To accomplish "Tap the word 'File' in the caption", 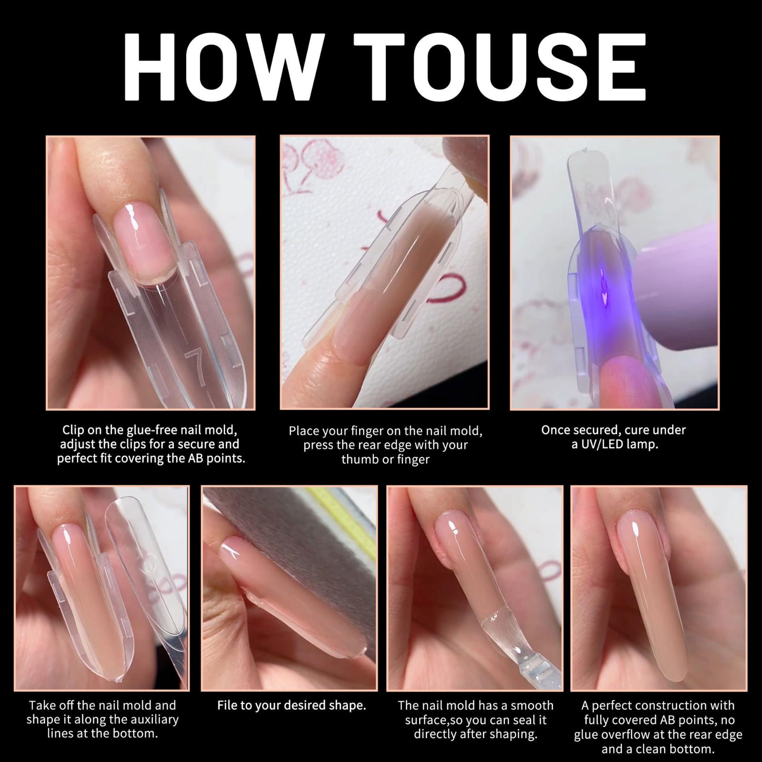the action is click(x=227, y=705).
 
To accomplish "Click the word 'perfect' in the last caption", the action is click(x=612, y=705).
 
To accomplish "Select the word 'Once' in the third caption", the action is click(x=555, y=430).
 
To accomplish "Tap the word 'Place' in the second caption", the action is click(x=304, y=431).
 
